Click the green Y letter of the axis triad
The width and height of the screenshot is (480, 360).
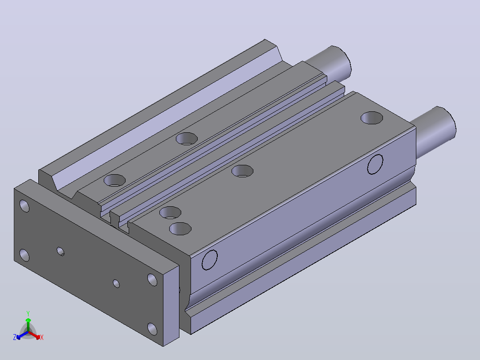(x=28, y=313)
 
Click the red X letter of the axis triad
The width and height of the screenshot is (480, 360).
(x=42, y=337)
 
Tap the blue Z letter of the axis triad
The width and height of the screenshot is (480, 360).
(x=14, y=337)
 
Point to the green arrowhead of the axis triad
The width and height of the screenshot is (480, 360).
(x=28, y=320)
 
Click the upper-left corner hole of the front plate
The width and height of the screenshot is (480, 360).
(x=24, y=206)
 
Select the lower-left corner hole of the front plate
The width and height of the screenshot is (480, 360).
(x=24, y=255)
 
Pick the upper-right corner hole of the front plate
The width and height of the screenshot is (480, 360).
(x=152, y=280)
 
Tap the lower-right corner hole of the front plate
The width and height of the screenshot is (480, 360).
(x=152, y=329)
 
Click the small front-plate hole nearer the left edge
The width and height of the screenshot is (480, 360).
(x=61, y=251)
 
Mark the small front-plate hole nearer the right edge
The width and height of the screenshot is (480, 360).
(x=116, y=283)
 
